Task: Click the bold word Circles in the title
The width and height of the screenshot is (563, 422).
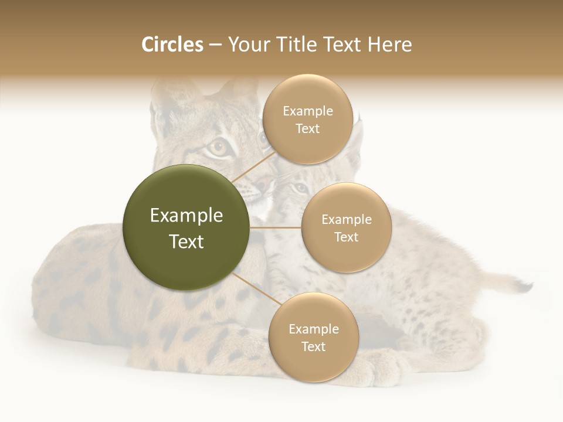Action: pyautogui.click(x=172, y=45)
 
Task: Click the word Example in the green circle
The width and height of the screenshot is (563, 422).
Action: pyautogui.click(x=186, y=216)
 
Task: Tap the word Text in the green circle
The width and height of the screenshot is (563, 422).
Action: pyautogui.click(x=186, y=241)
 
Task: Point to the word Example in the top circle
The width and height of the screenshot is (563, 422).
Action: pyautogui.click(x=307, y=111)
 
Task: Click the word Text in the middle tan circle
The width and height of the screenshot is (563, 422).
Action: pyautogui.click(x=346, y=237)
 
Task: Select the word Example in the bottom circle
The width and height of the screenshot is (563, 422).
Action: pyautogui.click(x=313, y=329)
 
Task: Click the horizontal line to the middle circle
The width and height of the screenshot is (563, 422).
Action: pyautogui.click(x=276, y=227)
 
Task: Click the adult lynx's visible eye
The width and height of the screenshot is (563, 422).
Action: pyautogui.click(x=218, y=148)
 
